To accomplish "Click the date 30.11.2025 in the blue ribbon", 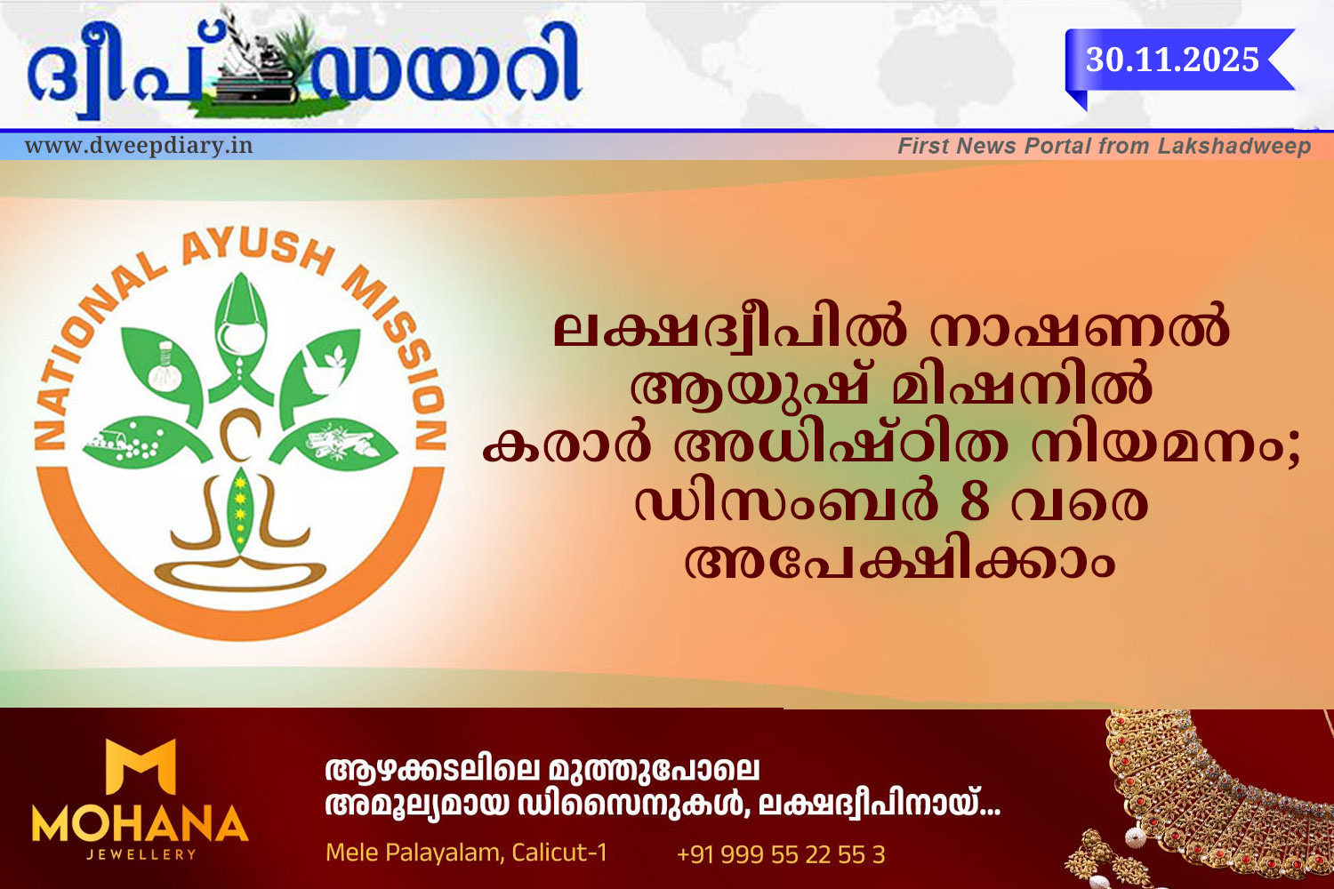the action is [1172, 60].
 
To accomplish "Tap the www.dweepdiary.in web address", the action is [139, 145].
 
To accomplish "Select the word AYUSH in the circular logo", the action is [257, 250].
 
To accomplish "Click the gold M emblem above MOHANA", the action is [141, 767].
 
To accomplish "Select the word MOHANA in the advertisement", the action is [140, 824].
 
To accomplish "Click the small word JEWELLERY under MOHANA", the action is [141, 854].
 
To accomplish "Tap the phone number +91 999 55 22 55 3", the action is [781, 854].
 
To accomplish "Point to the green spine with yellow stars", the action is [239, 510].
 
